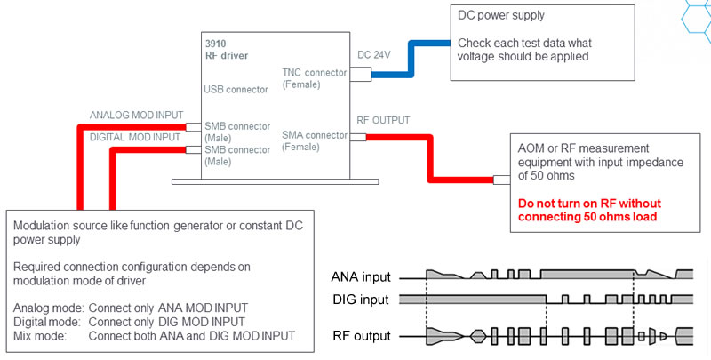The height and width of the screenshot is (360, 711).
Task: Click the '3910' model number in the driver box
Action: click(x=216, y=44)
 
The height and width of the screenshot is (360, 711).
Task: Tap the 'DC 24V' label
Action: click(x=374, y=55)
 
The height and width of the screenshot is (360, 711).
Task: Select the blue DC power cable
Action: click(x=411, y=59)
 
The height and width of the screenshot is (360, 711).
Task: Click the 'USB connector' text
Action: click(x=236, y=89)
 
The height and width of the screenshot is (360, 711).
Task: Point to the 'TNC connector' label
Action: click(x=315, y=73)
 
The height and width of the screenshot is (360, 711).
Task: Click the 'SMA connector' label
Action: click(x=315, y=135)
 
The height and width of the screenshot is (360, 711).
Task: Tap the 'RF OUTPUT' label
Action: click(x=383, y=120)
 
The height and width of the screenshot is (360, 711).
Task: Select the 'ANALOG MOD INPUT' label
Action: click(x=137, y=116)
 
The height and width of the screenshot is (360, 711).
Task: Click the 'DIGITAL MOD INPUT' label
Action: click(x=135, y=137)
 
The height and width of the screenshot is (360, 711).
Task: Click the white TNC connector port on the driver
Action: click(x=361, y=75)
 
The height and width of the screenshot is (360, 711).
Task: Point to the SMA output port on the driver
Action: click(x=358, y=137)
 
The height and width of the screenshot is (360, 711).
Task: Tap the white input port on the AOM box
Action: click(x=502, y=180)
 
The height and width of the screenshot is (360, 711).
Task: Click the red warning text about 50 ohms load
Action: click(x=589, y=210)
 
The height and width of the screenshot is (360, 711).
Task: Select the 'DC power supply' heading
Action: click(x=501, y=15)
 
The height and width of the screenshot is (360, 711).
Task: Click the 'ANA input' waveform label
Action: click(x=361, y=276)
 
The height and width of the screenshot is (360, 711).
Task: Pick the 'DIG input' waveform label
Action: click(x=361, y=300)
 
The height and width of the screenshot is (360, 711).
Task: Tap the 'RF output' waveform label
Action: click(x=362, y=336)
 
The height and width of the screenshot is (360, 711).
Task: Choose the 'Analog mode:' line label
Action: click(x=49, y=308)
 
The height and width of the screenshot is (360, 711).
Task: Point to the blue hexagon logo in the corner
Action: click(x=697, y=16)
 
